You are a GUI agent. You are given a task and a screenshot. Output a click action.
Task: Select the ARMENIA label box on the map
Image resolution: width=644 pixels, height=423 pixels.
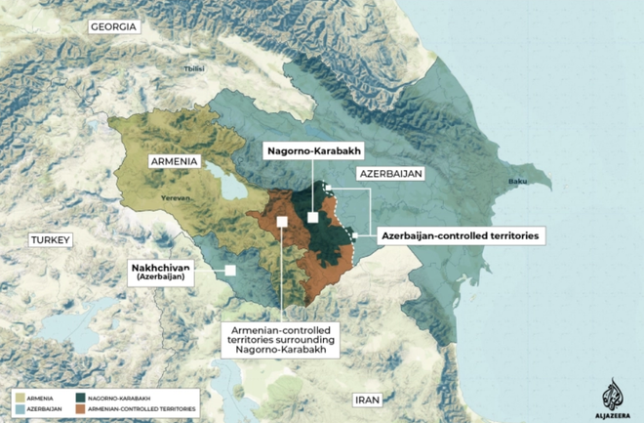pyautogui.click(x=175, y=160)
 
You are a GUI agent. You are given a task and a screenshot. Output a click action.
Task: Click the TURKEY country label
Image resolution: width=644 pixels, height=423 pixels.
pyautogui.click(x=52, y=239)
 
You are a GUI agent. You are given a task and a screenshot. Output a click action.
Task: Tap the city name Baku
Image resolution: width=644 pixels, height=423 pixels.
pyautogui.click(x=517, y=182)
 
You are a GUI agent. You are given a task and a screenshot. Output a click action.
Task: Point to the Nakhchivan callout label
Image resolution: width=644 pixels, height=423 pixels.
pyautogui.click(x=162, y=272)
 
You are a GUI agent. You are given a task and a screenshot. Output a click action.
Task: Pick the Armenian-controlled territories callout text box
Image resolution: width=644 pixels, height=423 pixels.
pyautogui.click(x=280, y=339)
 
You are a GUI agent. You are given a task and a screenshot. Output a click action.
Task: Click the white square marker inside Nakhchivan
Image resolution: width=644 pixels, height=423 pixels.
pyautogui.click(x=230, y=271)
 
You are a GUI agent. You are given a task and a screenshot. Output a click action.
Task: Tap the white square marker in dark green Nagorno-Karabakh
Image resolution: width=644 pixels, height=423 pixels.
pyautogui.click(x=313, y=218)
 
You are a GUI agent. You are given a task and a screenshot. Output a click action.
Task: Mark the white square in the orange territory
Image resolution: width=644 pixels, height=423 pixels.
pyautogui.click(x=281, y=222)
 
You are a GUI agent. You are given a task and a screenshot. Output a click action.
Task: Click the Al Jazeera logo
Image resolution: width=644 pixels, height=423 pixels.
pyautogui.click(x=612, y=395)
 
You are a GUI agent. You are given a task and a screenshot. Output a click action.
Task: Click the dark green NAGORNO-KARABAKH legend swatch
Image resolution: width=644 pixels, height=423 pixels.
pyautogui.click(x=81, y=397)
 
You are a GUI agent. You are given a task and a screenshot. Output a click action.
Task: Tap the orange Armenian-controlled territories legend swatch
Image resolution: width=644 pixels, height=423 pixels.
pyautogui.click(x=81, y=408)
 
